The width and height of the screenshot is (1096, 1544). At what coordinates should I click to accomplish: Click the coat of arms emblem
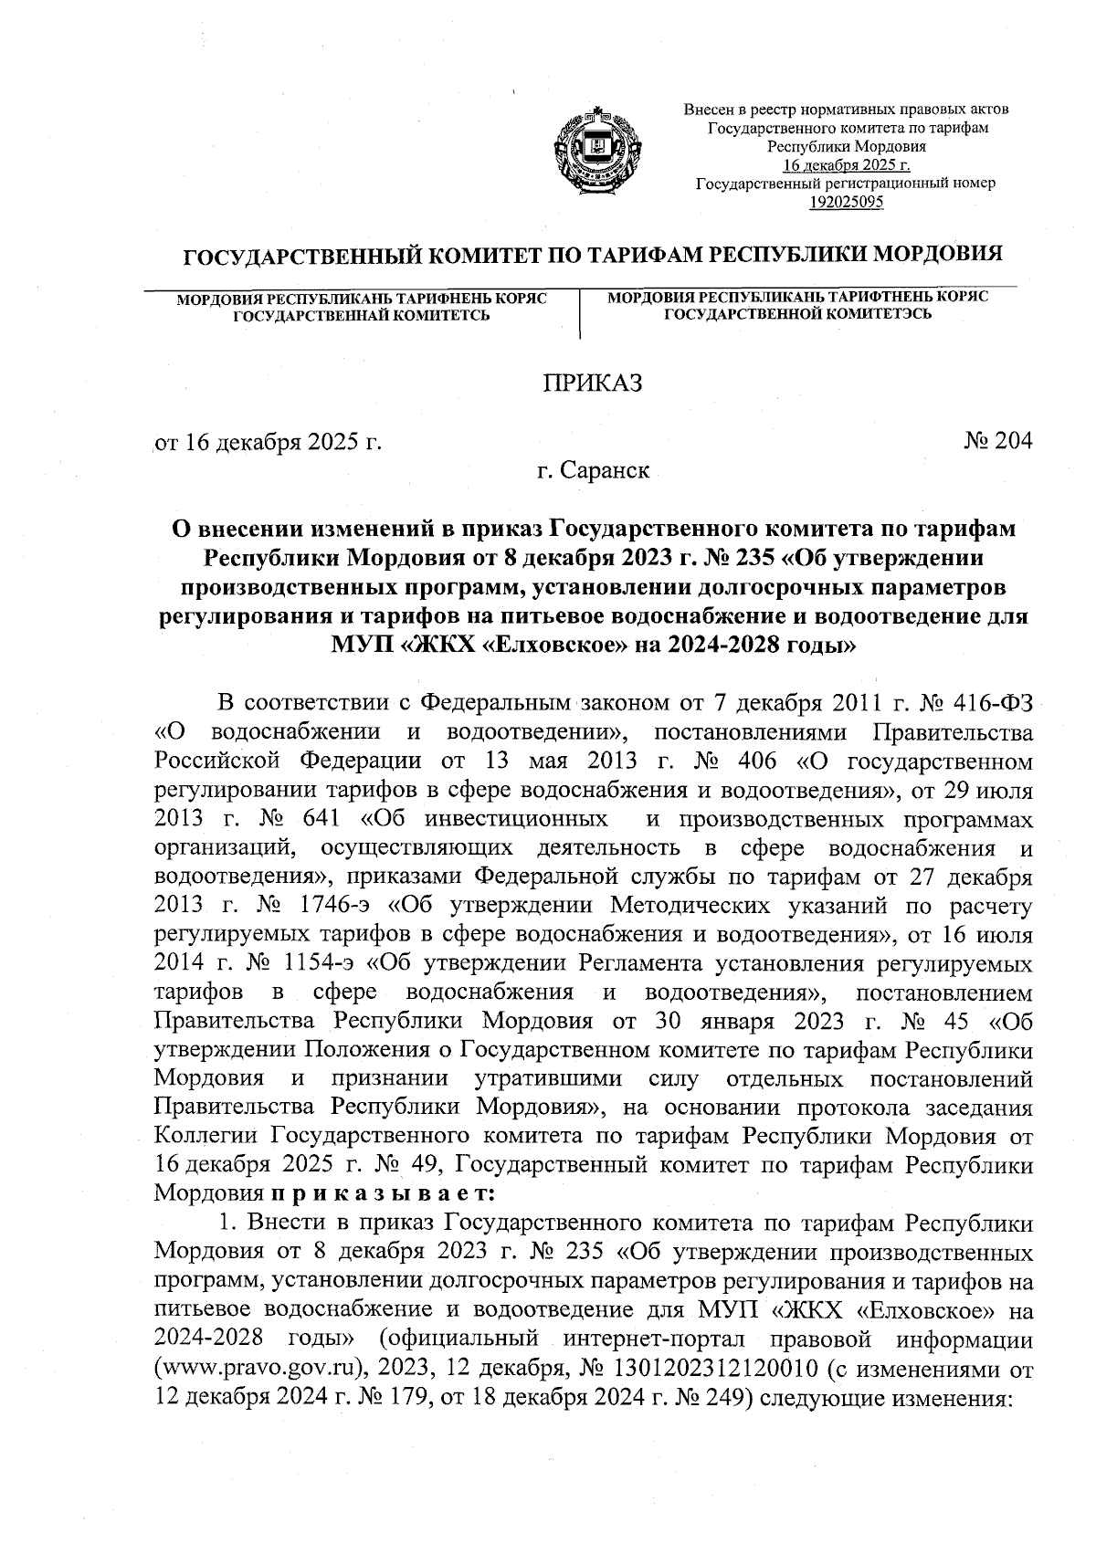[598, 148]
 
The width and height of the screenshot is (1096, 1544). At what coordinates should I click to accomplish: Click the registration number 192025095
[846, 203]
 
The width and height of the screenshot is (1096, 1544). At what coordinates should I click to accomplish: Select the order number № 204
[997, 442]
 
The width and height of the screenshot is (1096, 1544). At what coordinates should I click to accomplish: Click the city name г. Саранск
[594, 471]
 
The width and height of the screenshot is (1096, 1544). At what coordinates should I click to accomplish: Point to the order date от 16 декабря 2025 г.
[269, 444]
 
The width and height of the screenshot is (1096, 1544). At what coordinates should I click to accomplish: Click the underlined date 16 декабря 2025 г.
[846, 165]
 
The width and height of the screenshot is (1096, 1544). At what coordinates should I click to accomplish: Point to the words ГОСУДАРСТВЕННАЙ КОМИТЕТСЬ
[361, 316]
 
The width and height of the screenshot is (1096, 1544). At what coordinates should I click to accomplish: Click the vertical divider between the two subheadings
[581, 313]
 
